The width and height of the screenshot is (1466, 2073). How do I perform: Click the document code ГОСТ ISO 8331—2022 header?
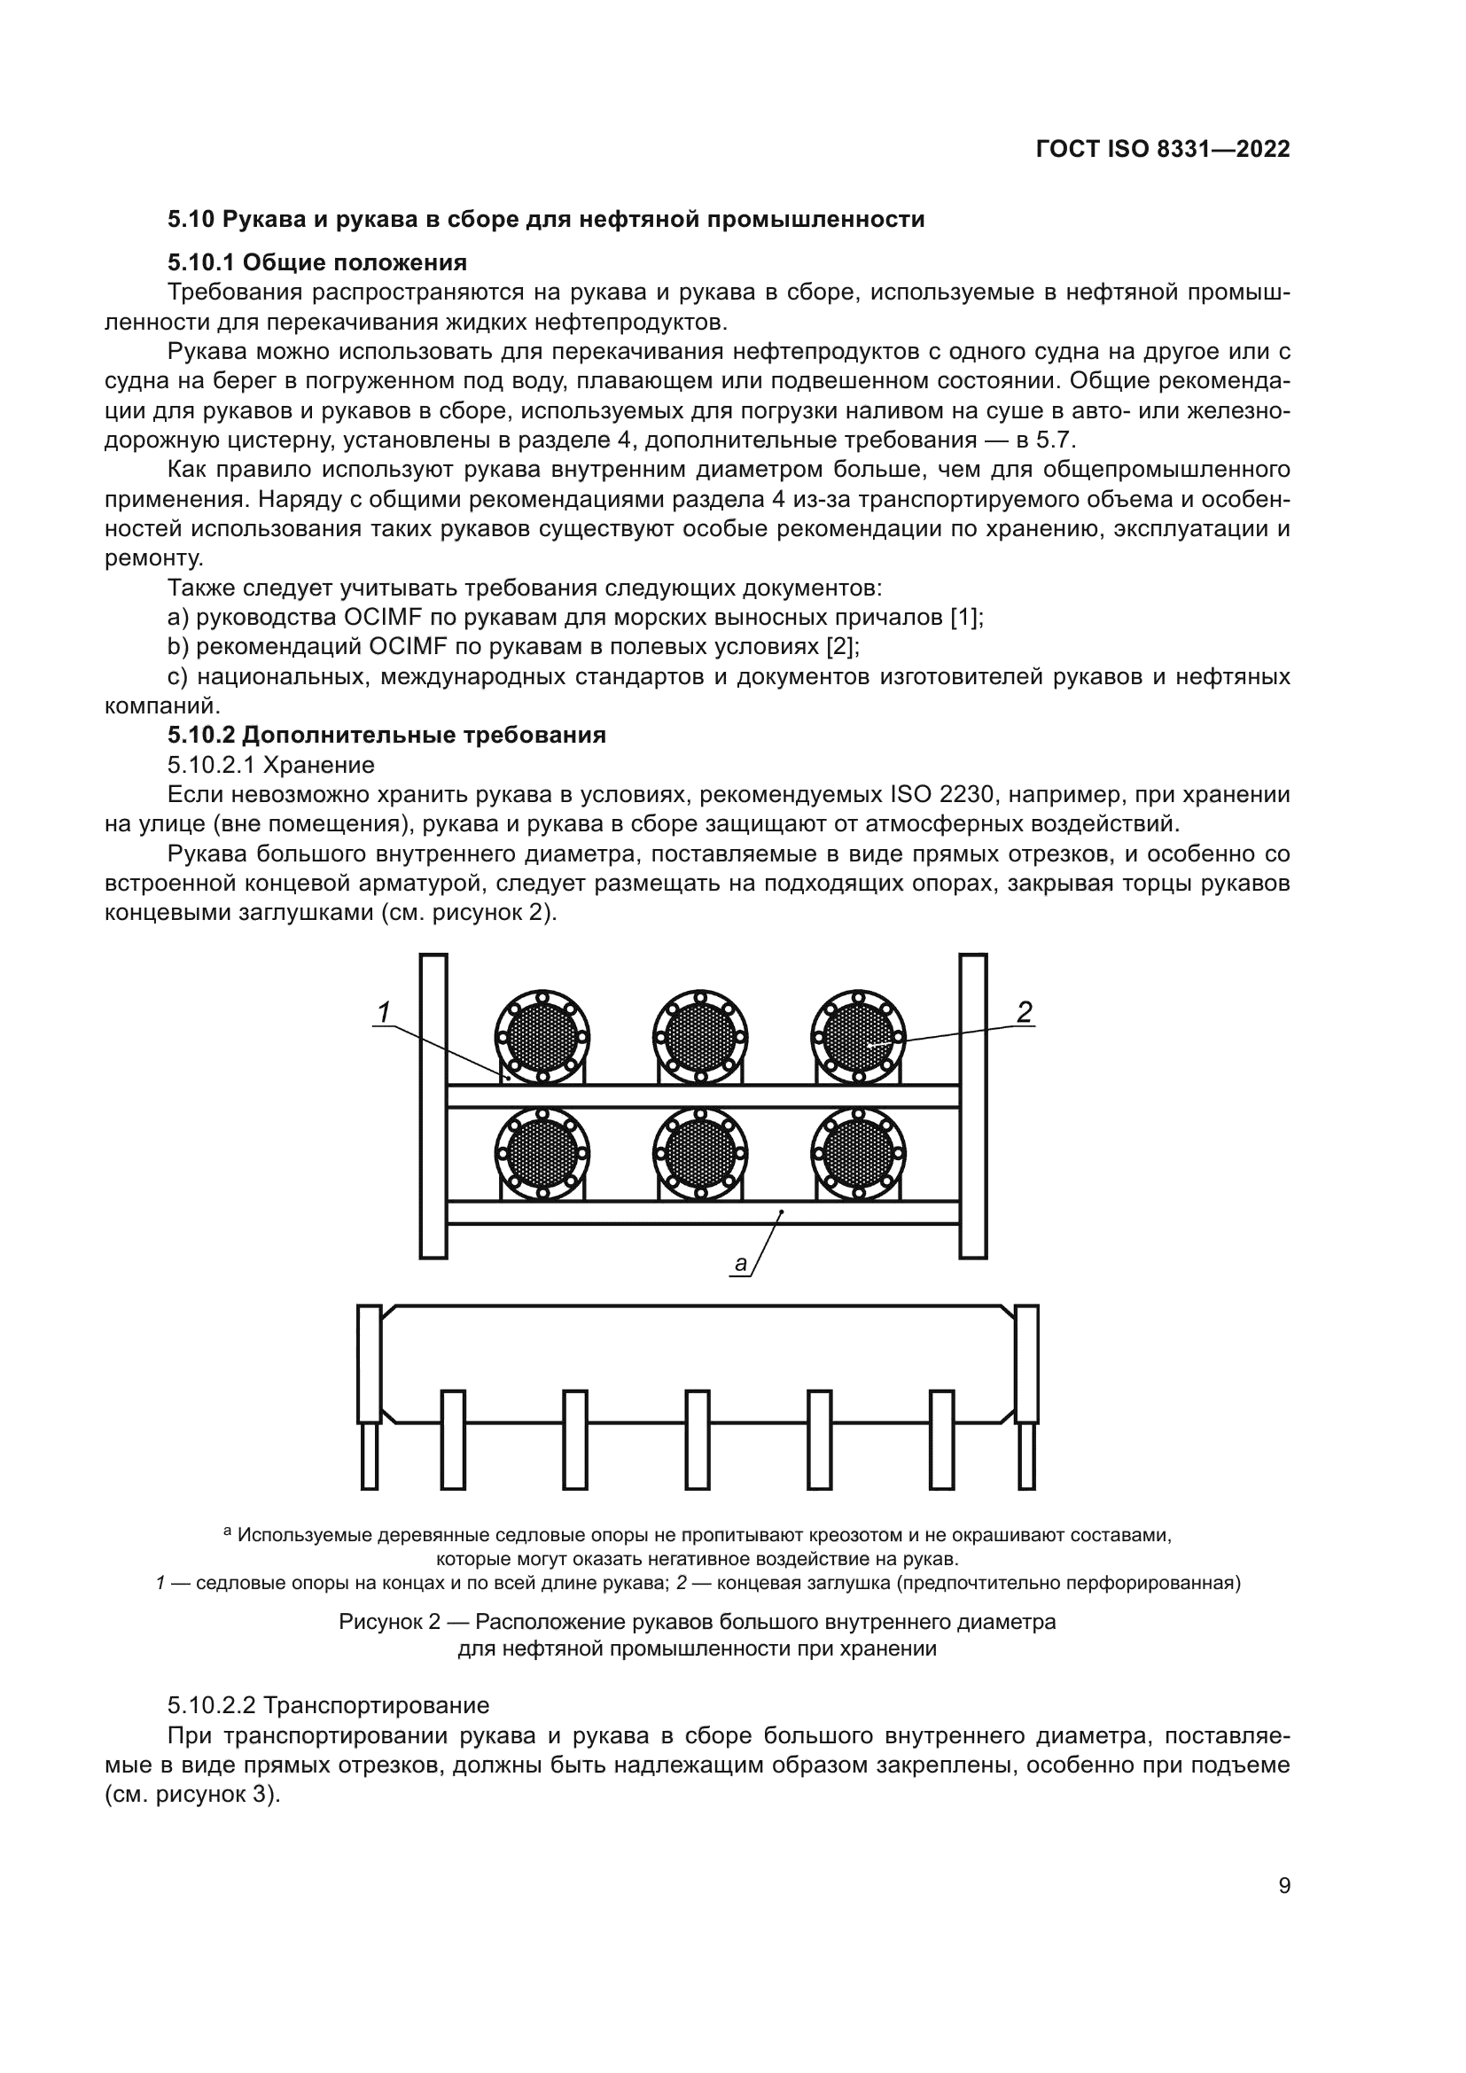pyautogui.click(x=1163, y=149)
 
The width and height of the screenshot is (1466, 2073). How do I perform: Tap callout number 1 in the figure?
pyautogui.click(x=384, y=1013)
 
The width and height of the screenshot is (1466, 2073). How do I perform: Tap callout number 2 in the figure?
pyautogui.click(x=1024, y=1012)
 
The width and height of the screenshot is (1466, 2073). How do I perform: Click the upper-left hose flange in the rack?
pyautogui.click(x=542, y=1037)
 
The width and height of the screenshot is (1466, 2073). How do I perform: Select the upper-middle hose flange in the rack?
pyautogui.click(x=699, y=1037)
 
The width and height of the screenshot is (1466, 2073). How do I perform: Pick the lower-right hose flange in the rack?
pyautogui.click(x=859, y=1153)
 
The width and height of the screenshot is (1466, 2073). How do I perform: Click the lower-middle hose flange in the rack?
pyautogui.click(x=699, y=1153)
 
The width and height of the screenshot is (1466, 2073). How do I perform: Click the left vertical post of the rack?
pyautogui.click(x=433, y=1106)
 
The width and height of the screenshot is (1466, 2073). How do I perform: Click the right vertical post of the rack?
pyautogui.click(x=973, y=1106)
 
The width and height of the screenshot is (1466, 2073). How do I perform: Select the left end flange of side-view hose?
pyautogui.click(x=370, y=1364)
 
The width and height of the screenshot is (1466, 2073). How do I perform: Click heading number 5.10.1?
pyautogui.click(x=200, y=262)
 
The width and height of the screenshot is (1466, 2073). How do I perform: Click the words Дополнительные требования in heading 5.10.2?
pyautogui.click(x=425, y=735)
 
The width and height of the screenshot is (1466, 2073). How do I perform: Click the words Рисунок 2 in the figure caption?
pyautogui.click(x=389, y=1622)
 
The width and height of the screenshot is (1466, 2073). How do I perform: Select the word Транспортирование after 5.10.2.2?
pyautogui.click(x=376, y=1705)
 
